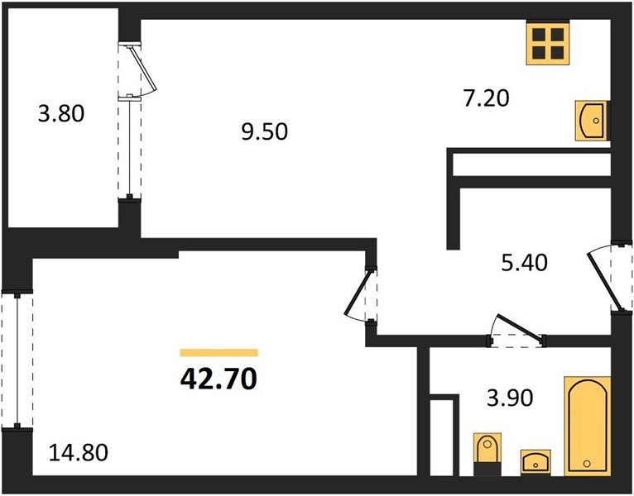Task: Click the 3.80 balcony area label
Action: click(61, 113)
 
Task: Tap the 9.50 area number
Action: click(264, 131)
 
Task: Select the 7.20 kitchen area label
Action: click(486, 98)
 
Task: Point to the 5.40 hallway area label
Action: click(525, 263)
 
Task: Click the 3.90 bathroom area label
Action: click(511, 398)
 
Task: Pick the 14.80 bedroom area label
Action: click(79, 452)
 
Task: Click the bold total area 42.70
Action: click(219, 379)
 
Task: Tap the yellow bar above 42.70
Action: click(219, 353)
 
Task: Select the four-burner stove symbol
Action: click(548, 43)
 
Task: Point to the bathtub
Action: click(588, 426)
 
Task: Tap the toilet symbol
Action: click(488, 455)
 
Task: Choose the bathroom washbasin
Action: click(536, 461)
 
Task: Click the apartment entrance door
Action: click(609, 278)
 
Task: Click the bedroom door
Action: click(361, 295)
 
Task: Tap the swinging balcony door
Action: click(137, 69)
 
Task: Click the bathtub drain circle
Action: click(587, 464)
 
